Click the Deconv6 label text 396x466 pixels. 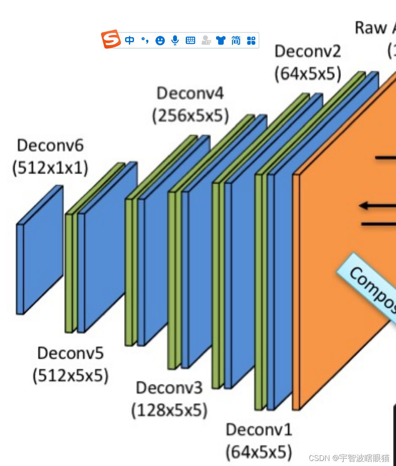pyautogui.click(x=50, y=146)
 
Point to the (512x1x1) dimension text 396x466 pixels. pyautogui.click(x=50, y=168)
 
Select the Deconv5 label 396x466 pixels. pyautogui.click(x=70, y=353)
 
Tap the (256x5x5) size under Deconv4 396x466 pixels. pyautogui.click(x=190, y=116)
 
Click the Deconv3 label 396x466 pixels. pyautogui.click(x=169, y=387)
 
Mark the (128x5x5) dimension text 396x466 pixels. pyautogui.click(x=169, y=410)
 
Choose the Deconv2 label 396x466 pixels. pyautogui.click(x=308, y=51)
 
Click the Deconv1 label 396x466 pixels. pyautogui.click(x=259, y=430)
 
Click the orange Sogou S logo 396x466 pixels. pyautogui.click(x=111, y=40)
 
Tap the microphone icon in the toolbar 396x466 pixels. pyautogui.click(x=175, y=41)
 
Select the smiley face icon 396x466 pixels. pyautogui.click(x=160, y=41)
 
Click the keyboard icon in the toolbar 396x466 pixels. pyautogui.click(x=190, y=41)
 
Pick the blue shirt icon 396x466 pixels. pyautogui.click(x=221, y=41)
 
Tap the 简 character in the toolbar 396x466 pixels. pyautogui.click(x=236, y=41)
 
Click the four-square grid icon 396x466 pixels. pyautogui.click(x=251, y=41)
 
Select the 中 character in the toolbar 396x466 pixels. pyautogui.click(x=129, y=41)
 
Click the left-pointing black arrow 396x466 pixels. pyautogui.click(x=371, y=206)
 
